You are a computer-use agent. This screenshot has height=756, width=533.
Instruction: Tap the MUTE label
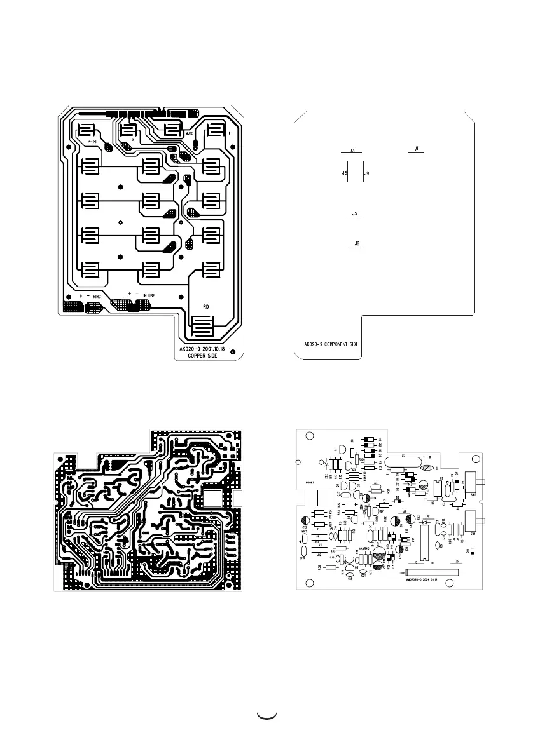[190, 135]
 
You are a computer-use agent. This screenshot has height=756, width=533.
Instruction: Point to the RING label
[97, 296]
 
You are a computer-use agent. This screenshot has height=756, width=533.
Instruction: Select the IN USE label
[149, 296]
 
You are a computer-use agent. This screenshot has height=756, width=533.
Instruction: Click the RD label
[206, 307]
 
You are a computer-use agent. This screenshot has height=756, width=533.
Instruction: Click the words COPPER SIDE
[202, 356]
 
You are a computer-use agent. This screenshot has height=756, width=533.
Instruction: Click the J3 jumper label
[352, 151]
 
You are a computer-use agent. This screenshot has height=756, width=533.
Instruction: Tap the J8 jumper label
[344, 173]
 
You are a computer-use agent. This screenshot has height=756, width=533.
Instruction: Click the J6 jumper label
[356, 243]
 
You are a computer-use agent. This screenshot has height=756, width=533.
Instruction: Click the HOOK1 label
[310, 483]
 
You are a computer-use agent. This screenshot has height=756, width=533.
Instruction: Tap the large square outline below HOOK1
[326, 499]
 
